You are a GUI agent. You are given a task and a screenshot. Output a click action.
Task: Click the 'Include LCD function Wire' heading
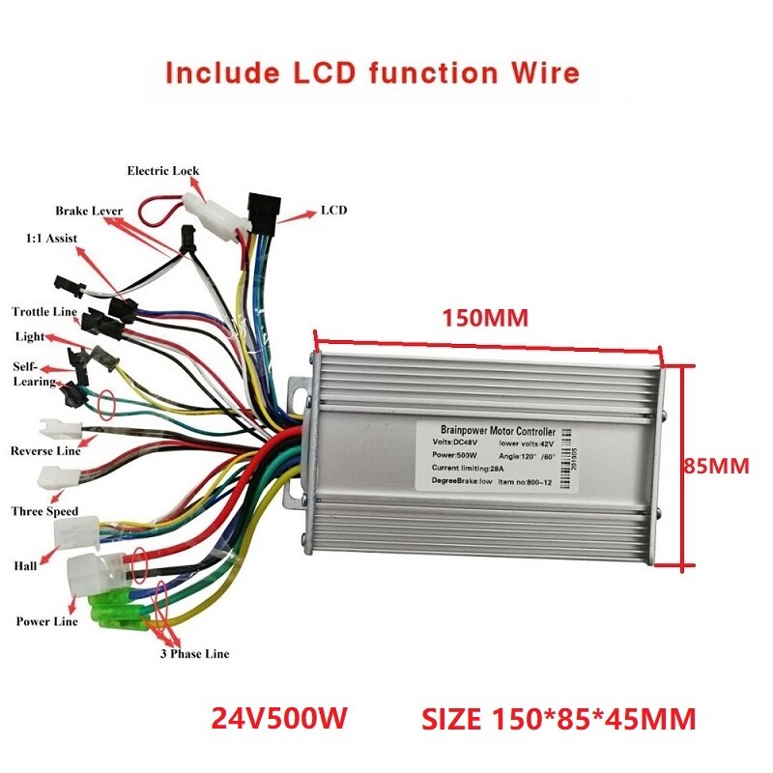pos(372,73)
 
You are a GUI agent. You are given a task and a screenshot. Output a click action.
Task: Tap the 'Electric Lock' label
pos(163,171)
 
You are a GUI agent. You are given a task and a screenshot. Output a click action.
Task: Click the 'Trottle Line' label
pos(43,311)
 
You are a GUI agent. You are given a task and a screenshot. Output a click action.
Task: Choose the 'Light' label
pos(29,336)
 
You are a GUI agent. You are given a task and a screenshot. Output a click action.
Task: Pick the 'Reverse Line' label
pos(44,451)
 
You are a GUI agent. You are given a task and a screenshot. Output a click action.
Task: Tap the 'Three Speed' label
pos(43,511)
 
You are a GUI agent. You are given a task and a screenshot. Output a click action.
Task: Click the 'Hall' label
pos(25,565)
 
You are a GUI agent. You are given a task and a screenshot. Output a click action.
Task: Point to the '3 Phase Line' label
pos(194,654)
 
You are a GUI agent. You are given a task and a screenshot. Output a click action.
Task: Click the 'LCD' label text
pos(333,210)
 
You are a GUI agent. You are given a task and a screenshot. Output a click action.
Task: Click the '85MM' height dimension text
pos(717,466)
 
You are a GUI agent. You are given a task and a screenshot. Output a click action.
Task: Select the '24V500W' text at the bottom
pos(279,719)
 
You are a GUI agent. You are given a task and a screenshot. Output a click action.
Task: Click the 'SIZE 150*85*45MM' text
pos(558,719)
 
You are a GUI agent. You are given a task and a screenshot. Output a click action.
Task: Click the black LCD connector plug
pos(262,207)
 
